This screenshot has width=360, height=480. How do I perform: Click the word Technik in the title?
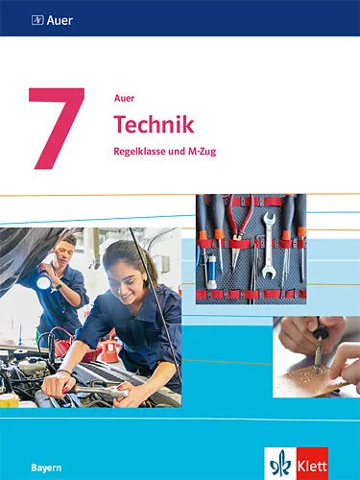(155, 125)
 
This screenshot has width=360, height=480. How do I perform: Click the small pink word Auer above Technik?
(124, 98)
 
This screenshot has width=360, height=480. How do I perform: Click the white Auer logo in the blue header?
(52, 21)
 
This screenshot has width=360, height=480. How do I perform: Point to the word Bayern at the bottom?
(46, 468)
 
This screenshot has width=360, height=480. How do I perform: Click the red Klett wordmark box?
(312, 464)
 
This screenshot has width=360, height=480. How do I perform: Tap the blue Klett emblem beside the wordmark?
(280, 464)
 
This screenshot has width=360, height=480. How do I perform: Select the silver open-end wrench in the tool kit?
(269, 245)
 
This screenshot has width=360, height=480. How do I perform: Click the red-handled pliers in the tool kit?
(238, 228)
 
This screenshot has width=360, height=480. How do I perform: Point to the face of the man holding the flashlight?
(64, 253)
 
